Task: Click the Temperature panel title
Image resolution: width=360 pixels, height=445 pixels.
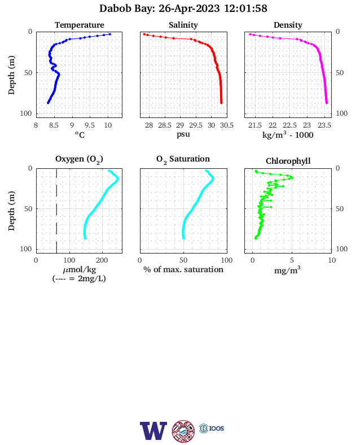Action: pyautogui.click(x=80, y=25)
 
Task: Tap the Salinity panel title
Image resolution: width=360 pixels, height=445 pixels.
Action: pyautogui.click(x=183, y=25)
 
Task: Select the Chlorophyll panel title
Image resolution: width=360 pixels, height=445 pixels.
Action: pyautogui.click(x=288, y=161)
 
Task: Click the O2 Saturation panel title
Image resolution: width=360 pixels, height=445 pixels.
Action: pyautogui.click(x=183, y=159)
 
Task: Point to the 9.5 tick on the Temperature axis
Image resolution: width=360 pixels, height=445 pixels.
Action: pyautogui.click(x=90, y=125)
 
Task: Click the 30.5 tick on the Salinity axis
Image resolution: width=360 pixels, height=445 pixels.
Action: pyautogui.click(x=227, y=125)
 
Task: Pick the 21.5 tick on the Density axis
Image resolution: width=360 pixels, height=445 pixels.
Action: pyautogui.click(x=255, y=125)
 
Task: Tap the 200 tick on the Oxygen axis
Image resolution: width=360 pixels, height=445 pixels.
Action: pyautogui.click(x=102, y=260)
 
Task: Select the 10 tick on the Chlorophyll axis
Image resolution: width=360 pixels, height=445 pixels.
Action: pyautogui.click(x=332, y=260)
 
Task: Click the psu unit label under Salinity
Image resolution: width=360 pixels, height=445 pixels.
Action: pyautogui.click(x=183, y=134)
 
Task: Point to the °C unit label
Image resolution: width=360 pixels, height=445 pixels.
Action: pyautogui.click(x=80, y=134)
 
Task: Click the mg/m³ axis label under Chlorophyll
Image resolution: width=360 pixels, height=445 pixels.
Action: pyautogui.click(x=287, y=270)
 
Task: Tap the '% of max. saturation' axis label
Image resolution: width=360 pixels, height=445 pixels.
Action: pyautogui.click(x=183, y=269)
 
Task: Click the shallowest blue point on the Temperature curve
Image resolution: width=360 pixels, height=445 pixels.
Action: pyautogui.click(x=110, y=34)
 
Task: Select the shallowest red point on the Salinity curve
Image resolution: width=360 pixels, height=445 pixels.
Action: pyautogui.click(x=144, y=34)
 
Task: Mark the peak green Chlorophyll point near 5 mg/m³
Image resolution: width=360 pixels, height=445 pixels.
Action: pyautogui.click(x=292, y=178)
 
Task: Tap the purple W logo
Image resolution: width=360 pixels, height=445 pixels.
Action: pyautogui.click(x=153, y=431)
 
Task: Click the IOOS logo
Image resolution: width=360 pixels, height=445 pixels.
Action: pyautogui.click(x=212, y=428)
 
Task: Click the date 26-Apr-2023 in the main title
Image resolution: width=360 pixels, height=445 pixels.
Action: pyautogui.click(x=189, y=8)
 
